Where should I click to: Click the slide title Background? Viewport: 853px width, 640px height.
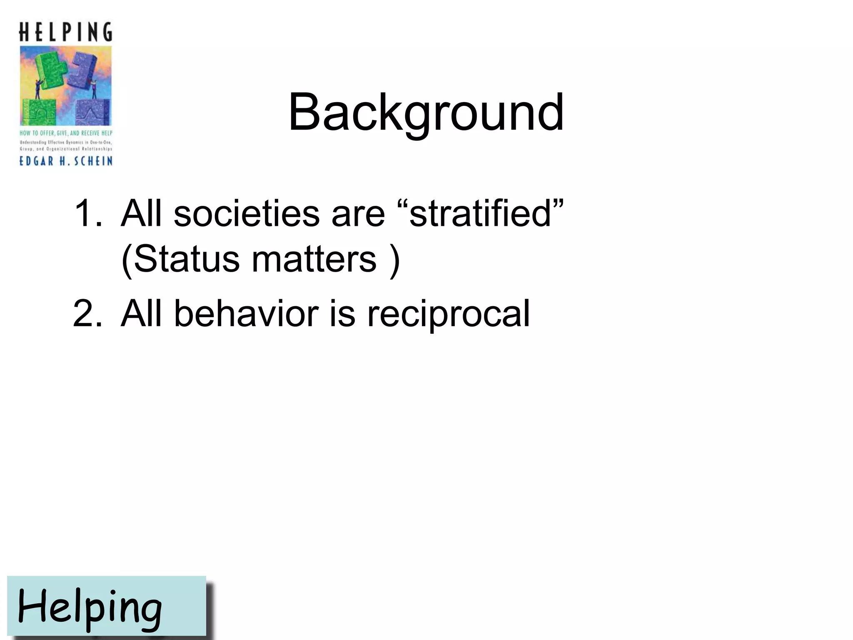click(x=426, y=112)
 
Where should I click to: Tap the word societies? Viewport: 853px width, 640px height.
click(x=246, y=213)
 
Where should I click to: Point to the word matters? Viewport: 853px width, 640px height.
click(x=314, y=259)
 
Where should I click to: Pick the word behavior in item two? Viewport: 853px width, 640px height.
click(x=246, y=313)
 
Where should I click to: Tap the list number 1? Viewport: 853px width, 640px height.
click(x=87, y=213)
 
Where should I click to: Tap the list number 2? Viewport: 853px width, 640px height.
click(x=87, y=313)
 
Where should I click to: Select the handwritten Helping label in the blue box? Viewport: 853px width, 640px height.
click(x=90, y=607)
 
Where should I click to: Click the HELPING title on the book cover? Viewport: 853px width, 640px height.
click(x=66, y=32)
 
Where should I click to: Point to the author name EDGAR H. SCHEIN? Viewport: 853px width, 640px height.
click(x=66, y=161)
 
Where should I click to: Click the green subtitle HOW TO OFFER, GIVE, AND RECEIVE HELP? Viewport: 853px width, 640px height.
click(x=66, y=133)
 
